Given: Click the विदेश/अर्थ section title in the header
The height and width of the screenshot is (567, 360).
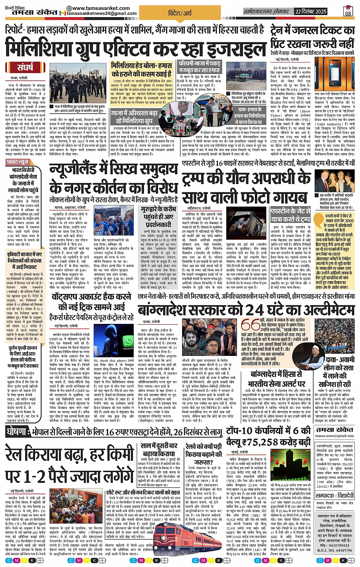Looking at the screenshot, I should (x=180, y=13).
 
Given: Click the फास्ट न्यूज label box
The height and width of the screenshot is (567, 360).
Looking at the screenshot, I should (x=18, y=162).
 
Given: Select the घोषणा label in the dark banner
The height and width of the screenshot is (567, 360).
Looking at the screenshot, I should (x=18, y=432).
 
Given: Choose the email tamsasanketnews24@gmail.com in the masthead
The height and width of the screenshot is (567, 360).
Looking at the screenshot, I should (x=102, y=13).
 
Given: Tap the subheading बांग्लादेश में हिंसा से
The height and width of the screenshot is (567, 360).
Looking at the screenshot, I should (x=276, y=374).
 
